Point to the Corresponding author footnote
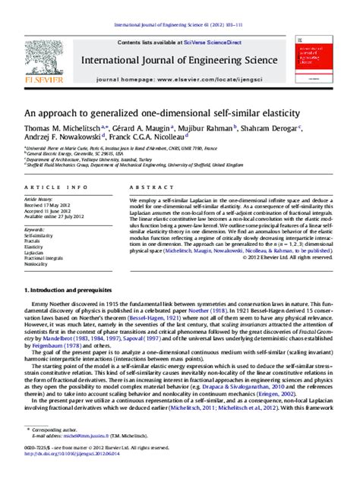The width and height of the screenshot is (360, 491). pyautogui.click(x=69, y=453)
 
